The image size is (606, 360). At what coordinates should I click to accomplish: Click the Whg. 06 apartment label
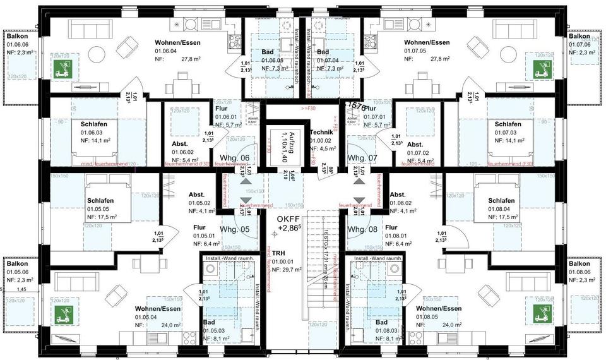coord(231,158)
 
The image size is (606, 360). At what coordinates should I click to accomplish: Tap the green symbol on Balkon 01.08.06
coord(539,313)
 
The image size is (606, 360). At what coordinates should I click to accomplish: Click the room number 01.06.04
coord(167,51)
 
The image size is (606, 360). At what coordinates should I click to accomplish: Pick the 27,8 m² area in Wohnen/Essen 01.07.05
coord(437,58)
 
